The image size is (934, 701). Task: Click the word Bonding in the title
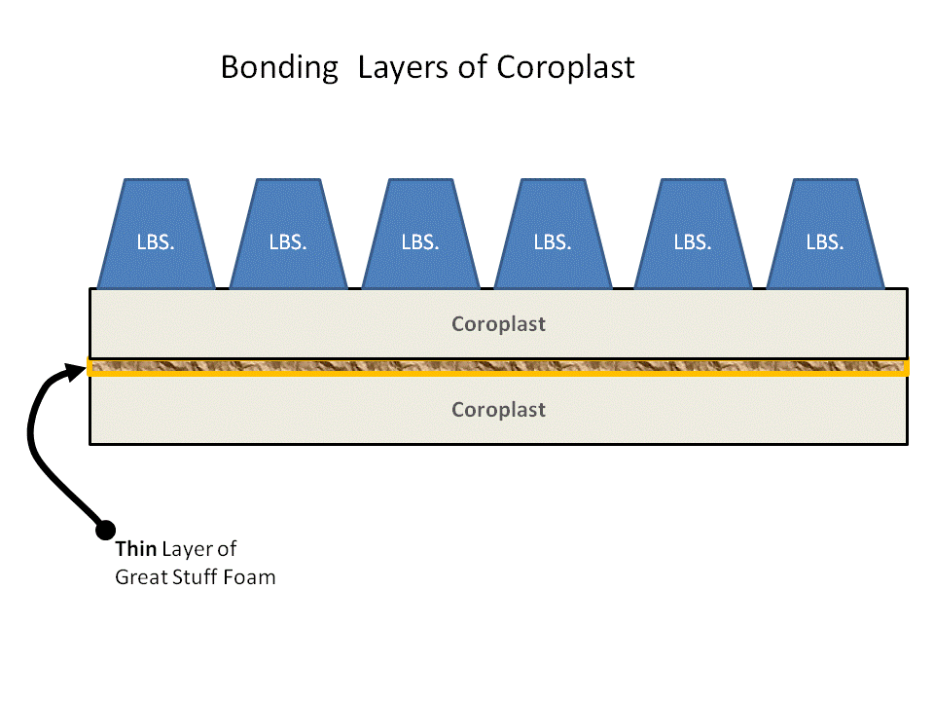point(279,68)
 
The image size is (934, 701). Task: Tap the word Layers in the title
point(403,68)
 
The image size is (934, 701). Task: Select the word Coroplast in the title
point(565,67)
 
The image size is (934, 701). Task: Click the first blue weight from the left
point(156,234)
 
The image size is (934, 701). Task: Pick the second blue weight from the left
point(288,234)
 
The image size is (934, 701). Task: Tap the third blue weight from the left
point(420,234)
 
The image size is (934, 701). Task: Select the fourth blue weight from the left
point(553,234)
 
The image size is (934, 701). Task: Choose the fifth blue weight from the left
point(693,234)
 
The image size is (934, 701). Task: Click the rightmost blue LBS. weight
point(825,234)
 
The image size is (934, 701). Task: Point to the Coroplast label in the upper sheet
point(498,324)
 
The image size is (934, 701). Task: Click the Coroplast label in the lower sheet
point(498,410)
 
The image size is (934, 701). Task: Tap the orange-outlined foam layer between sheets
point(498,367)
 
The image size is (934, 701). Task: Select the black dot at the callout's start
point(105,530)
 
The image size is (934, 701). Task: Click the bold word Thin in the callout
point(136,548)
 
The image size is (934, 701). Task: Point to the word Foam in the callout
point(253,577)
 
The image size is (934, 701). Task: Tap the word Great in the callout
point(134,577)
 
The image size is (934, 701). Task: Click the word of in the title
point(473,67)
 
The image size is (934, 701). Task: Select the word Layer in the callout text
point(187,549)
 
